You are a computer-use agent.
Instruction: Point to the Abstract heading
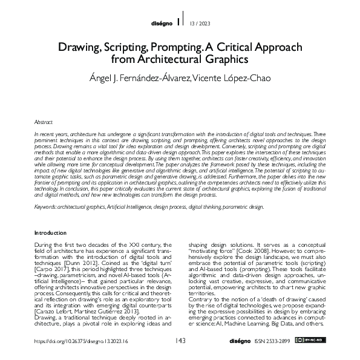[43, 122]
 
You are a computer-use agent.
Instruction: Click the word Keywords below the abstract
[45, 206]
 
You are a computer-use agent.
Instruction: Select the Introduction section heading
[50, 232]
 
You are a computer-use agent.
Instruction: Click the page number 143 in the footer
[180, 341]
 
